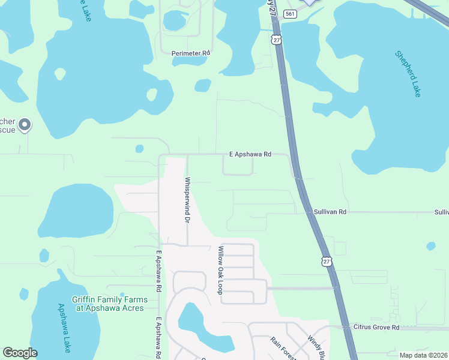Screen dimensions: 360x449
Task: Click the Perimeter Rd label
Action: coord(191,53)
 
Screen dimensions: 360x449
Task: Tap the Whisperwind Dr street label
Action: coord(187,200)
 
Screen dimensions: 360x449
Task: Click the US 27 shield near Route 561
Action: coord(276,39)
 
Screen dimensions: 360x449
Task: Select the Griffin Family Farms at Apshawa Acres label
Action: coord(109,304)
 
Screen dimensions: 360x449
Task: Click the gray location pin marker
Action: coord(25,125)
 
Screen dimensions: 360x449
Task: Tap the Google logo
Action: coord(20,353)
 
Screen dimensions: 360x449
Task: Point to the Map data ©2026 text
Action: coord(423,355)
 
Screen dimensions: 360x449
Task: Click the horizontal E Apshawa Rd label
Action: coord(250,154)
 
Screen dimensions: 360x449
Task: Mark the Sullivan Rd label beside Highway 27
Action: coord(330,212)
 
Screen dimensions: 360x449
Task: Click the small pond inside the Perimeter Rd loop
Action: coord(174,21)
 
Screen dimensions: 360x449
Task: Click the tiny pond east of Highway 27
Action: coord(430,246)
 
